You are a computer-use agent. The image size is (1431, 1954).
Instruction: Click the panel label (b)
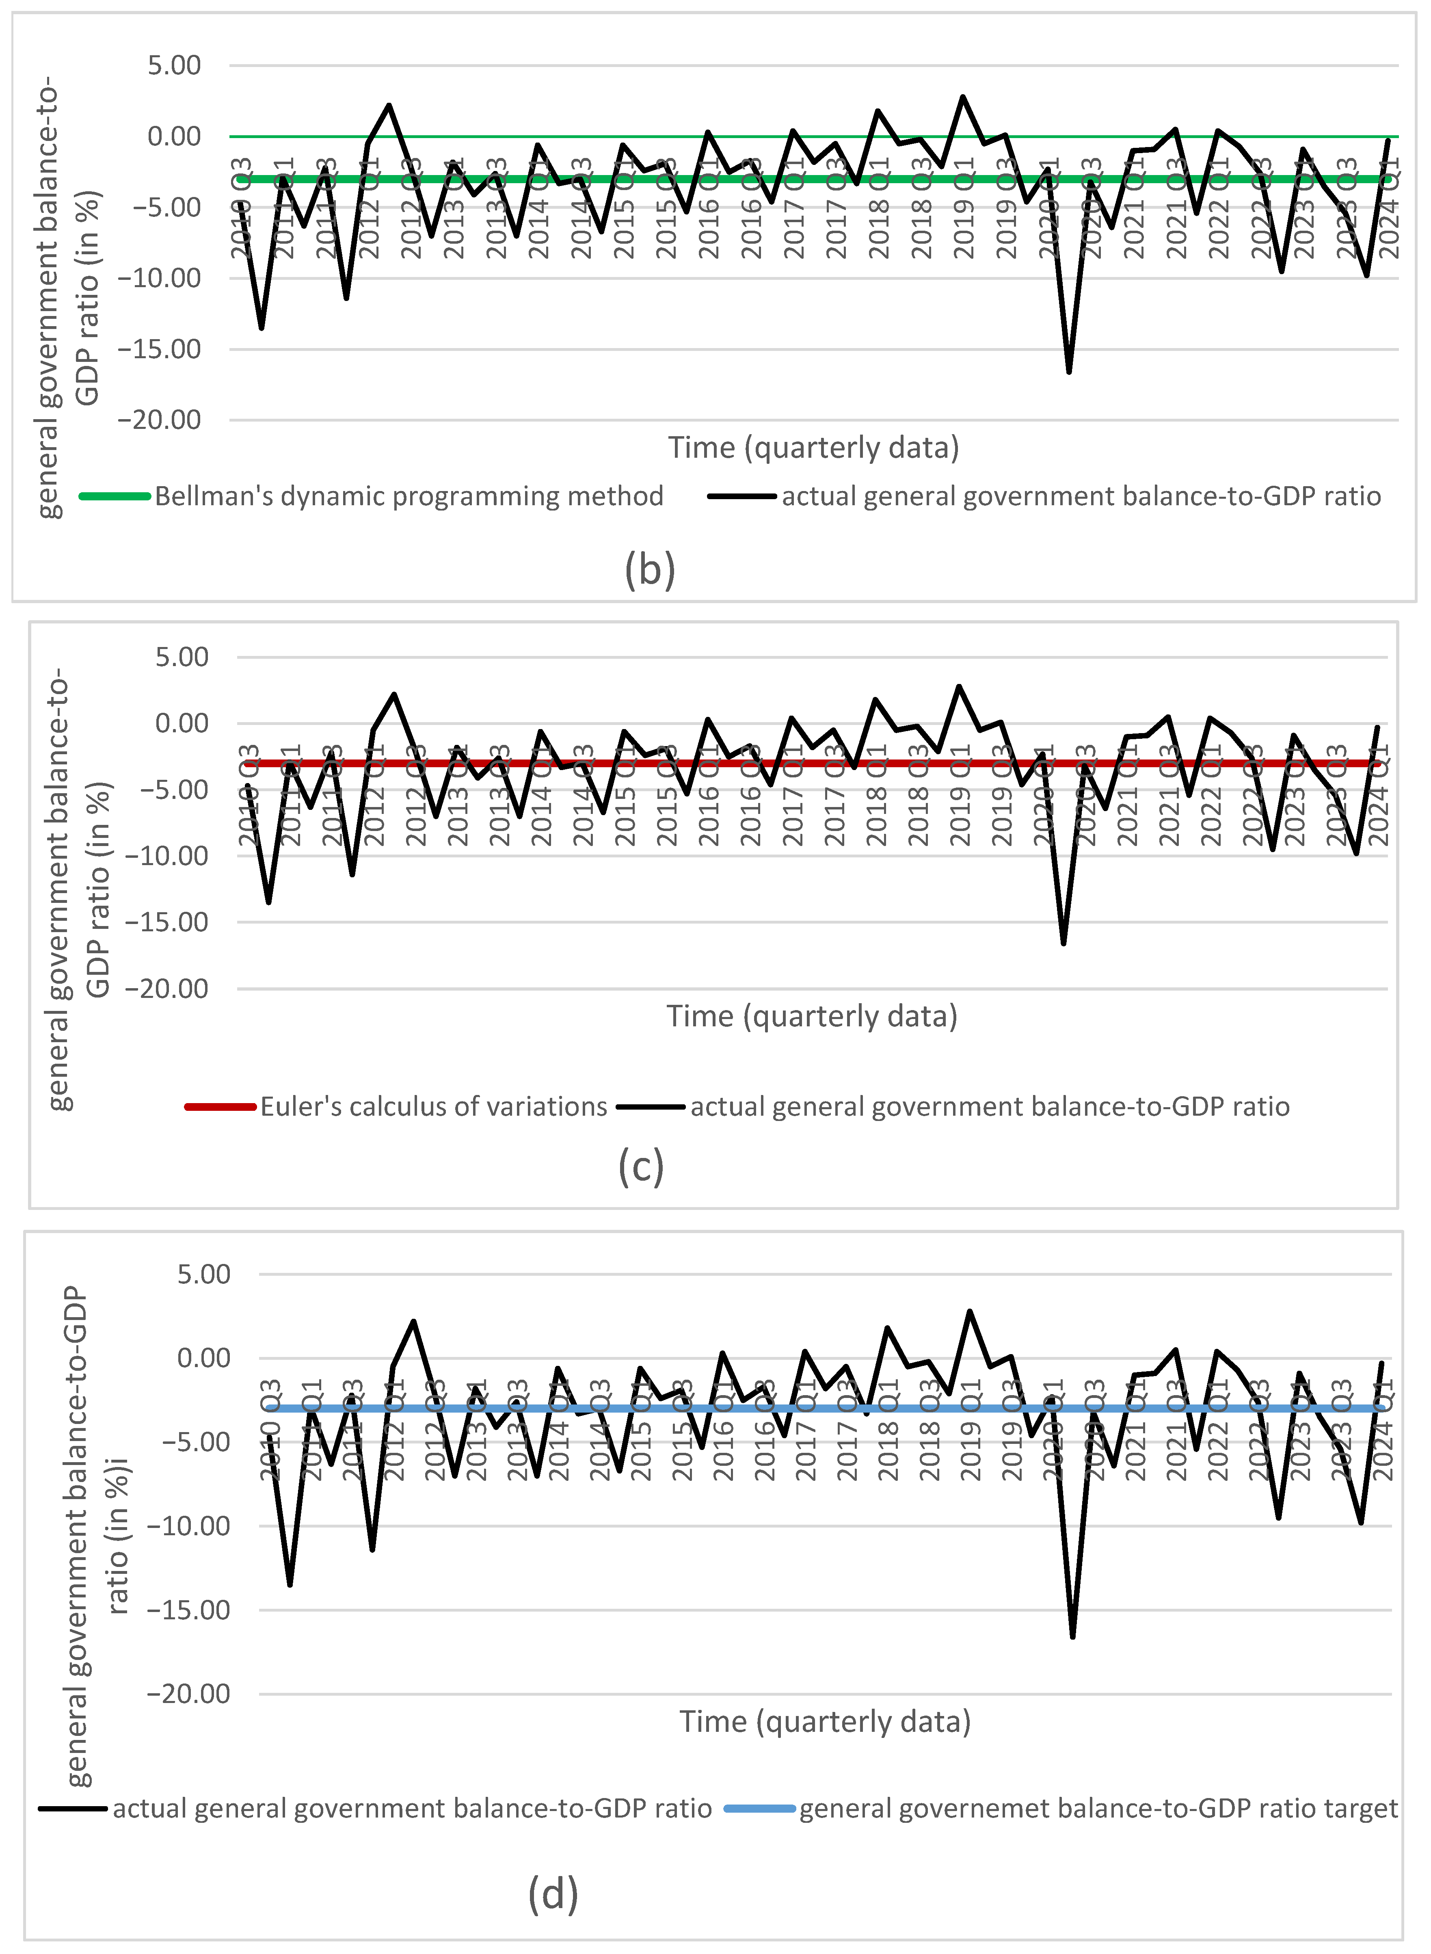(650, 570)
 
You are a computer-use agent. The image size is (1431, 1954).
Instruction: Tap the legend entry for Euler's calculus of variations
(433, 1107)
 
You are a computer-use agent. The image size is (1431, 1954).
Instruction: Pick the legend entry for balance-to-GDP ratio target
(1098, 1809)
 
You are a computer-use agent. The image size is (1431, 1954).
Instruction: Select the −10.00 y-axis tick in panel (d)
(189, 1526)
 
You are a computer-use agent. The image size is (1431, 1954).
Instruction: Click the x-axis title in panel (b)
(813, 448)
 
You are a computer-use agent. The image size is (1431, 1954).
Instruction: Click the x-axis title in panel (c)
(812, 1016)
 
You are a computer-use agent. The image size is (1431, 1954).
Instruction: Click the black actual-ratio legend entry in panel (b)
(1080, 496)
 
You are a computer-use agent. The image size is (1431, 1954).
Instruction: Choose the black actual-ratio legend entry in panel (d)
(411, 1809)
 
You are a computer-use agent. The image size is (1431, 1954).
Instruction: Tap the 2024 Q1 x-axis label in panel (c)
(1377, 795)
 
